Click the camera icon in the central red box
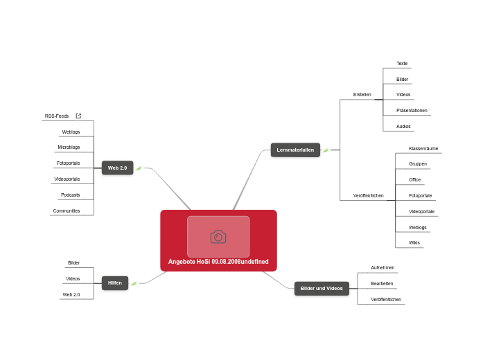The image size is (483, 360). tap(218, 237)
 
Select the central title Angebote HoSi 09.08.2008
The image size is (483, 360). tap(218, 262)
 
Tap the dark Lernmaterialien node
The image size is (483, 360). tap(295, 150)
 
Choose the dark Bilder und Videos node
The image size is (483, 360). tap(322, 288)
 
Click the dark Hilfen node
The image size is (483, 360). tap(115, 282)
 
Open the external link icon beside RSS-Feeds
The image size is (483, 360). tap(78, 116)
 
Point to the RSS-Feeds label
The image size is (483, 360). tap(57, 116)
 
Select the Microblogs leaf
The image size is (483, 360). tap(69, 147)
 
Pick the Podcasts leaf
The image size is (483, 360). tap(71, 195)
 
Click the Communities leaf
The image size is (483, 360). tap(67, 210)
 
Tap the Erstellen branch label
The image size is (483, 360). tap(362, 94)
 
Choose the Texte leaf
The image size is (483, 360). tap(402, 64)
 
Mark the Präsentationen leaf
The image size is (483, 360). tap(412, 111)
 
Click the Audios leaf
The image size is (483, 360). tap(403, 127)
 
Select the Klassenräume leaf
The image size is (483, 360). tap(423, 149)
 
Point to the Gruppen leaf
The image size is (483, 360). tap(418, 164)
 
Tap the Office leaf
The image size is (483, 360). tap(415, 180)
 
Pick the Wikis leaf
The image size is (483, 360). tap(414, 243)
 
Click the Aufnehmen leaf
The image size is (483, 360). tap(383, 268)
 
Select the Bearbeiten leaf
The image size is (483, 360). tap(382, 284)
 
